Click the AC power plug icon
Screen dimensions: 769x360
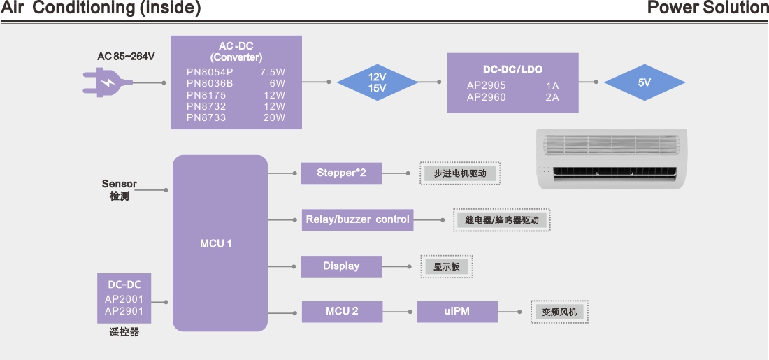(x=108, y=82)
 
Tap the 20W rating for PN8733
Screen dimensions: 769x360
(x=273, y=117)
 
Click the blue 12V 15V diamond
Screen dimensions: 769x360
(x=377, y=82)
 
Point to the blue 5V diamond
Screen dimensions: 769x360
(x=645, y=82)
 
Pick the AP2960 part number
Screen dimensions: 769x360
(x=486, y=97)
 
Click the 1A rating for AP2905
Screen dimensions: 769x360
(x=552, y=86)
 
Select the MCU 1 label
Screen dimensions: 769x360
(x=216, y=243)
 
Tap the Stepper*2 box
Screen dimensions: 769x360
(x=341, y=173)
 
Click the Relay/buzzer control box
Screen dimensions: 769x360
(x=357, y=219)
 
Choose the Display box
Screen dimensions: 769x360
(x=341, y=266)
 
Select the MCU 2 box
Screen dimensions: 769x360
(x=342, y=312)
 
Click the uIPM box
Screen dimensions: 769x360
(x=457, y=312)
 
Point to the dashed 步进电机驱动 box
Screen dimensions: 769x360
(x=460, y=173)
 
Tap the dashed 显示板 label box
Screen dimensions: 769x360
(x=446, y=267)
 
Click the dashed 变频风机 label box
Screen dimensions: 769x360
(x=559, y=312)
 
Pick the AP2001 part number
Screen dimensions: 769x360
(x=124, y=300)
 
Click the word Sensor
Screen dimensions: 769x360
(x=119, y=184)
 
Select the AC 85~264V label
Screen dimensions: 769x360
(x=126, y=57)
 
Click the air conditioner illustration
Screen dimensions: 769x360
(x=611, y=159)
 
